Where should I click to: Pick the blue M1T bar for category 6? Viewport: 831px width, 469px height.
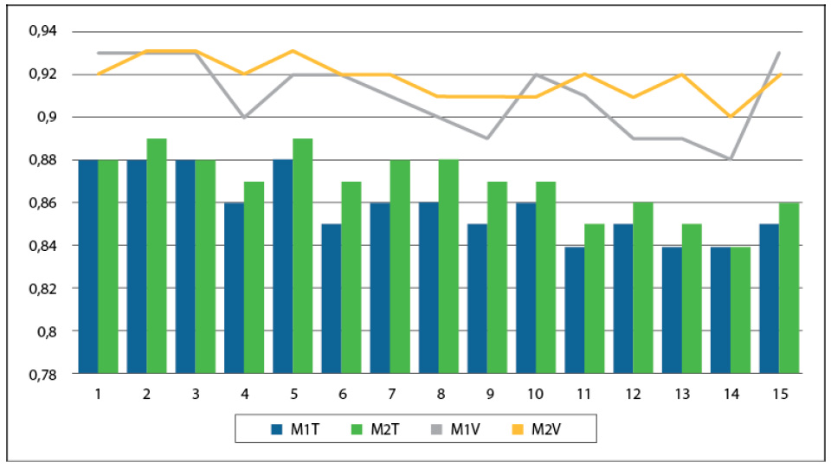tap(332, 299)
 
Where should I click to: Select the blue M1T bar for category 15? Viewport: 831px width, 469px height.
tap(769, 299)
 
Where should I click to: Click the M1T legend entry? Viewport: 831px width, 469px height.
tap(285, 427)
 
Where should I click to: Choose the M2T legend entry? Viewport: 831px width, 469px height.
tap(373, 427)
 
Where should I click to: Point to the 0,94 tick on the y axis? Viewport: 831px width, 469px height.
tap(42, 32)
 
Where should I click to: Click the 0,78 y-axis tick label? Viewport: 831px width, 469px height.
tap(42, 374)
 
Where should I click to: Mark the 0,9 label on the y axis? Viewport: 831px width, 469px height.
tap(47, 118)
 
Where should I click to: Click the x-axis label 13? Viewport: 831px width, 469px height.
tap(682, 394)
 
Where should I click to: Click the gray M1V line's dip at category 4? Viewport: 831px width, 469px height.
tap(244, 117)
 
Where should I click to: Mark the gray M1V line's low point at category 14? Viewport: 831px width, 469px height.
tap(731, 159)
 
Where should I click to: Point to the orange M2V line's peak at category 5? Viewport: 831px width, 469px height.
tap(293, 51)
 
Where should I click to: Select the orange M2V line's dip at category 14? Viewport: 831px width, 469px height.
tap(731, 117)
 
